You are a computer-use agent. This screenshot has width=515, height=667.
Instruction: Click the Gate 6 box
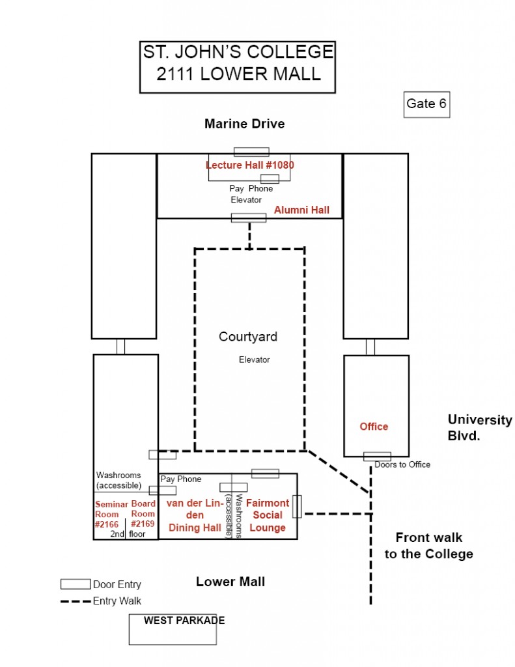click(x=426, y=104)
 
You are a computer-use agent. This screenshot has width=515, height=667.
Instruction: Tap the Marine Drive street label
click(x=244, y=124)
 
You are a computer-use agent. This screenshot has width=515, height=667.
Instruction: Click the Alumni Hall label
click(x=301, y=210)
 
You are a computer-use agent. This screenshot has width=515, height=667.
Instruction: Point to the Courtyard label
click(x=248, y=337)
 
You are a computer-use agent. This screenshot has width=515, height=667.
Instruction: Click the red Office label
click(x=374, y=427)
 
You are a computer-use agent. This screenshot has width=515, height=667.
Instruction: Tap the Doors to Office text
click(x=402, y=464)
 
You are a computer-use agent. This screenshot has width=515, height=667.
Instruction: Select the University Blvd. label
click(x=480, y=428)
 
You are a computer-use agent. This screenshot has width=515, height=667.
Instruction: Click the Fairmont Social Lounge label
click(x=268, y=515)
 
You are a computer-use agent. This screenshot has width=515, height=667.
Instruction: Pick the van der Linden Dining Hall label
click(x=195, y=515)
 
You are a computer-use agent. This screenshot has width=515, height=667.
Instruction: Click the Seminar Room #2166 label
click(x=111, y=514)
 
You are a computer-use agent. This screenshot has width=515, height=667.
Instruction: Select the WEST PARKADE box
click(x=173, y=629)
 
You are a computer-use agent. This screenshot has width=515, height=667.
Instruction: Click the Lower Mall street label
click(x=230, y=582)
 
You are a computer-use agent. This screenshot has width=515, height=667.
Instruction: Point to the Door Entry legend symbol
click(x=76, y=584)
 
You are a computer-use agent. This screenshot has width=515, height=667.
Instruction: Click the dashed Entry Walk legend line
click(x=76, y=601)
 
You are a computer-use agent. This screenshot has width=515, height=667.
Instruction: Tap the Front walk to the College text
click(x=428, y=546)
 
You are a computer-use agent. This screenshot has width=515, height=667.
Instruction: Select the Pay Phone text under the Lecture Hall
click(x=251, y=189)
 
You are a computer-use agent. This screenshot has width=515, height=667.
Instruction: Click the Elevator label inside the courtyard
click(x=254, y=360)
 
